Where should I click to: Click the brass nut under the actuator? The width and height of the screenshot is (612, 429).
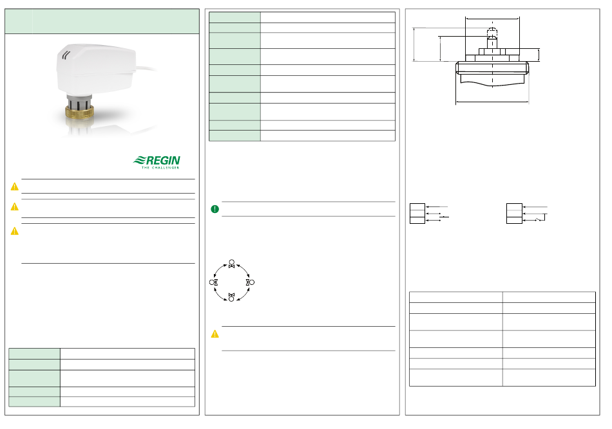coord(79,112)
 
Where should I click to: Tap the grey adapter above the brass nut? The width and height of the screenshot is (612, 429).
coord(79,101)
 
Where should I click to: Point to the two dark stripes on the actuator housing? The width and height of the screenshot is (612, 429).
coord(66,55)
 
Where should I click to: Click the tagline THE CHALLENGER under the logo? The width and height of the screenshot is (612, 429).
coord(160,167)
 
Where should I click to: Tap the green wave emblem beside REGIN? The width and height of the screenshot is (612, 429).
coord(139,160)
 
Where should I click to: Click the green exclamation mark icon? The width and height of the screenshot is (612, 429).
coord(215,209)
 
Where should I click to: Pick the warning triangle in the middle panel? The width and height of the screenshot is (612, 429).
coord(215,334)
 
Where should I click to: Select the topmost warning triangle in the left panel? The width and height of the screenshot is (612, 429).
coord(14,187)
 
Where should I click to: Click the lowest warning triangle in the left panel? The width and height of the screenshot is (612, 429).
coord(14,232)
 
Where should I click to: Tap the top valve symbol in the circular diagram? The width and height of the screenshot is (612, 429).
coord(231,264)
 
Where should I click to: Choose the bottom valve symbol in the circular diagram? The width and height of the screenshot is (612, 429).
coord(231,297)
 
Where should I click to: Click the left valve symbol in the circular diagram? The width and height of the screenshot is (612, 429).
coord(213,282)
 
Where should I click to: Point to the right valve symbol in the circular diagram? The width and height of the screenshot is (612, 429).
coord(250,282)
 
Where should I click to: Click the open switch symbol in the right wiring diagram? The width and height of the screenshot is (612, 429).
coord(540,220)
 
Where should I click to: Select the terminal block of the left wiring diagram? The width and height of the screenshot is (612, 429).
coord(417,214)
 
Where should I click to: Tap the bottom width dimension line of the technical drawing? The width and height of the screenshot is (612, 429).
coord(492,102)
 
